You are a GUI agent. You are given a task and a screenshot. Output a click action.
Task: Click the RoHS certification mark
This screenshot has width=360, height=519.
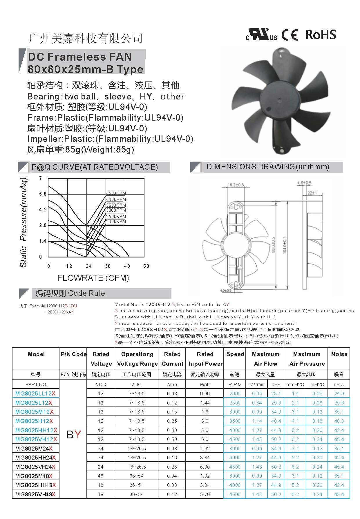pyautogui.click(x=321, y=35)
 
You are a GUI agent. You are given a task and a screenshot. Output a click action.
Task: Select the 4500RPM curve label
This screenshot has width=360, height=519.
pyautogui.click(x=116, y=193)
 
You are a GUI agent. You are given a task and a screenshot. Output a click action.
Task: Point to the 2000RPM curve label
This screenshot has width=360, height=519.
pyautogui.click(x=116, y=222)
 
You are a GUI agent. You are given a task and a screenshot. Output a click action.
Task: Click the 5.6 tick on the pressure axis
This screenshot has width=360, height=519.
pyautogui.click(x=43, y=194)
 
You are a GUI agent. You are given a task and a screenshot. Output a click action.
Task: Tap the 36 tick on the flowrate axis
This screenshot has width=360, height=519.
pyautogui.click(x=108, y=266)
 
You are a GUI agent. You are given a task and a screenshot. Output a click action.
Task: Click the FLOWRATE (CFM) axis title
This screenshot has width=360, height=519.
pyautogui.click(x=93, y=278)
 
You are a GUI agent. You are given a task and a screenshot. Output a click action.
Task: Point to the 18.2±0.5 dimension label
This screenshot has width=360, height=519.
pyautogui.click(x=236, y=185)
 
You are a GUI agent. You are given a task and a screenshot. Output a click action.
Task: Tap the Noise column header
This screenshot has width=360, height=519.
pyautogui.click(x=339, y=354)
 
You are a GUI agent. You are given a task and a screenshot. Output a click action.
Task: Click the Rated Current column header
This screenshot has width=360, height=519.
pyautogui.click(x=172, y=359)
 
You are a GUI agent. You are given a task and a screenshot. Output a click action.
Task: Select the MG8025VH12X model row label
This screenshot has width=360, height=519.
pyautogui.click(x=36, y=439)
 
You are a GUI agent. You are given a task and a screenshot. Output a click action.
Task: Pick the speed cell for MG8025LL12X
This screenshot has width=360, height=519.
pyautogui.click(x=235, y=393)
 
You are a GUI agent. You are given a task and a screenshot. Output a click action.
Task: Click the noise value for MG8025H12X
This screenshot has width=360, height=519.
pyautogui.click(x=339, y=421)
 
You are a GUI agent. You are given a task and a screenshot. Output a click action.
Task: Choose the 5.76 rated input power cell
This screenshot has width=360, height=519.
pyautogui.click(x=205, y=494)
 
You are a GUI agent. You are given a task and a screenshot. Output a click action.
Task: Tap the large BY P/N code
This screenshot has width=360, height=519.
pyautogui.click(x=74, y=435)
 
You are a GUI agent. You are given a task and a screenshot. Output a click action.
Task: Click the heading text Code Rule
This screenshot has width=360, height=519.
pyautogui.click(x=86, y=293)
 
